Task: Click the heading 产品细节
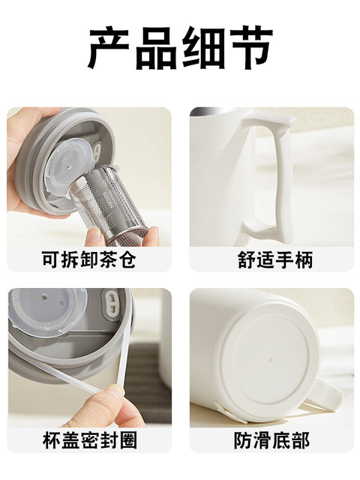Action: coord(181,48)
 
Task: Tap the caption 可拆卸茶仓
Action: coord(89,260)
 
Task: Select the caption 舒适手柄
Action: coord(275,260)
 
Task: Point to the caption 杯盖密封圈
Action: coord(90,440)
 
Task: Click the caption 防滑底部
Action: coord(272,440)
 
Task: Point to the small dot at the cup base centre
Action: coord(270,358)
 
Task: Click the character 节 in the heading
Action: coord(252,48)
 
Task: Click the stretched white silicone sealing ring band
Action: coord(121,352)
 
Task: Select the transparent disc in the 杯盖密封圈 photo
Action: coord(46,310)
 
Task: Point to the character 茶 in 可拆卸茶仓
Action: coord(108,260)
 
